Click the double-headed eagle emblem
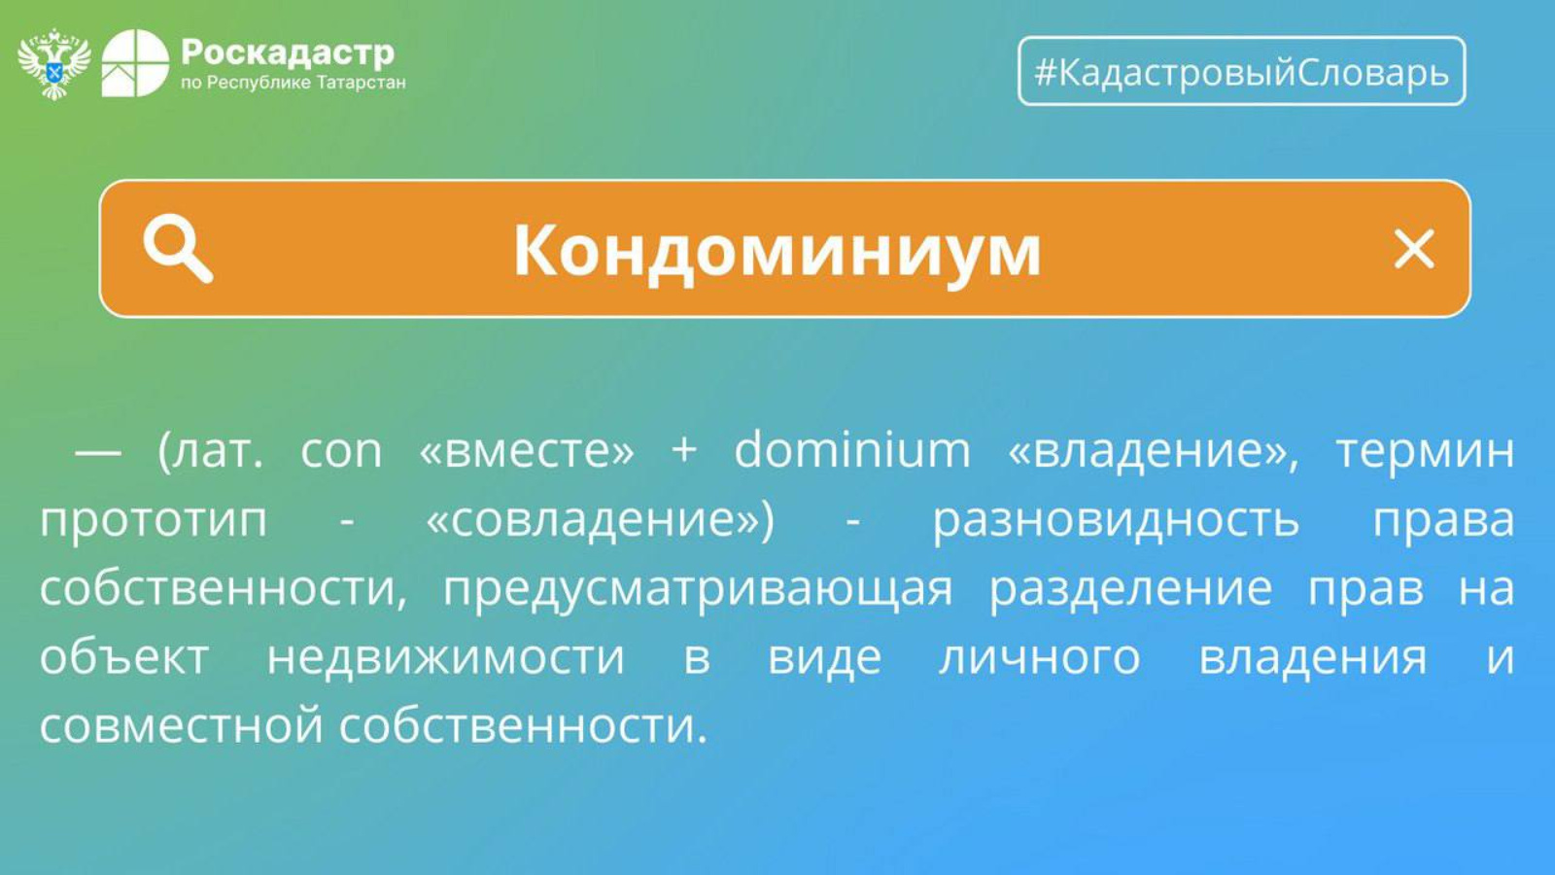54,64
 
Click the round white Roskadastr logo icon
135,63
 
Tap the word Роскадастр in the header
288,52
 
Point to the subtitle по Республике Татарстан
293,84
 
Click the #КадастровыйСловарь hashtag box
1242,71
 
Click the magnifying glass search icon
178,249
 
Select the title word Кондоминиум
777,251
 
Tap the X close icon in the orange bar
1414,249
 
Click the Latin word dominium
852,449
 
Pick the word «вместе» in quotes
527,451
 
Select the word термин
1425,452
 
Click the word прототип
154,522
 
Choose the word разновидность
1115,521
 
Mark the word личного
1039,658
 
